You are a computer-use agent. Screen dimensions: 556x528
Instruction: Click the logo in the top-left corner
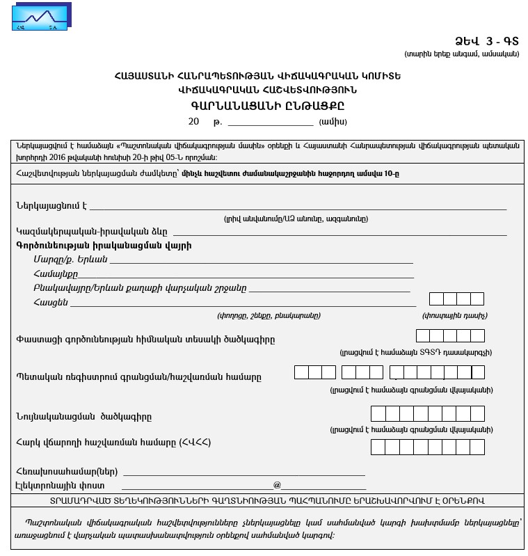[40, 17]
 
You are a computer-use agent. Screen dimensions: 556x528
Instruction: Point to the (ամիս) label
[333, 122]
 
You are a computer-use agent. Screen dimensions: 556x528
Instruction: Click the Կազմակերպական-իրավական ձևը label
[91, 231]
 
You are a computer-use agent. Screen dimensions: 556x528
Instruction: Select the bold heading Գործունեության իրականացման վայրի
[103, 245]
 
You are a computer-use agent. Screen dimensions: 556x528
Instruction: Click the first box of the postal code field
[436, 299]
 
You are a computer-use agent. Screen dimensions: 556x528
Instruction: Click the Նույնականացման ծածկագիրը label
[83, 417]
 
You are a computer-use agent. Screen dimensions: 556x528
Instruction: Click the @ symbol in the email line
[277, 484]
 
